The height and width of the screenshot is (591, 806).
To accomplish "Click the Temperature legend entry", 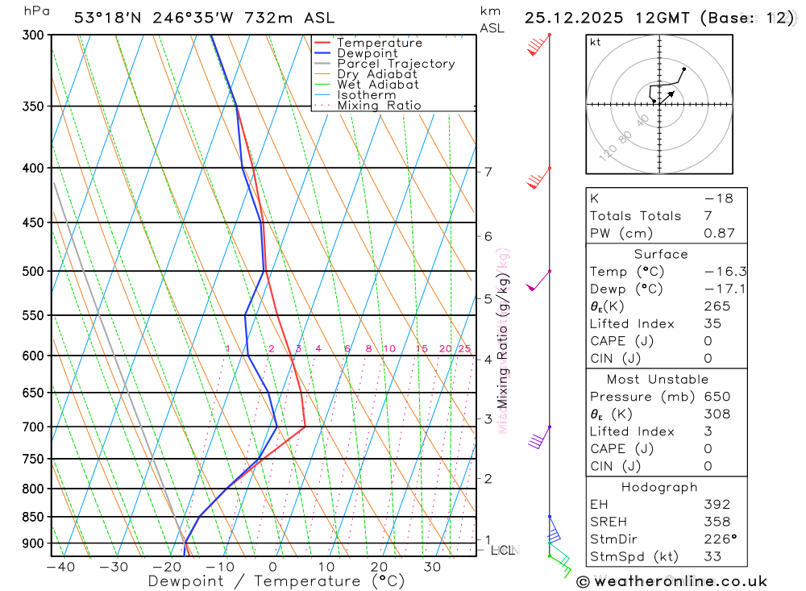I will coord(379,43).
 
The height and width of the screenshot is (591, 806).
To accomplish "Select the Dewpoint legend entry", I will coord(367,53).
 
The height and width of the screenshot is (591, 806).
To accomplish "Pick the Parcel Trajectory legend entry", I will coord(396,64).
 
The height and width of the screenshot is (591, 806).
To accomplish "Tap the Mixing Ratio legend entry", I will coord(379,105).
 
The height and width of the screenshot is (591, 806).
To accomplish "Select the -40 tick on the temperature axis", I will coord(60,567).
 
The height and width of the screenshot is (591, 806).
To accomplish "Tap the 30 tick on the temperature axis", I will coord(432,567).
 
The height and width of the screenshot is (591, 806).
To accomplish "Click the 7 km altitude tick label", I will coord(488,172).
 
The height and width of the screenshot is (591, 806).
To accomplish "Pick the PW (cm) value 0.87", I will coord(719,233).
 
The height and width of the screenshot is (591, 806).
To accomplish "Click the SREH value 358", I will coord(717,522).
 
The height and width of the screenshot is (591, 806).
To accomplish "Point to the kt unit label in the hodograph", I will coord(596,42).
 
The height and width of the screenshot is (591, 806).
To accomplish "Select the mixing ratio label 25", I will coord(464,348).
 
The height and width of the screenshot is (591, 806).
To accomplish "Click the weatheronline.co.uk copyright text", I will coord(672,581).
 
